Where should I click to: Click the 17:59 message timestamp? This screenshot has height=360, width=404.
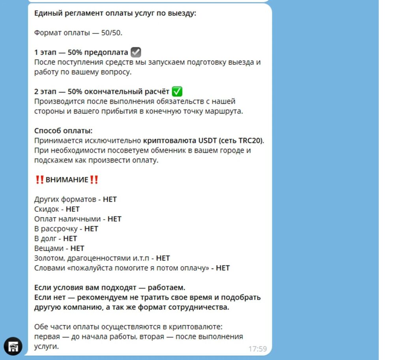pos(257,349)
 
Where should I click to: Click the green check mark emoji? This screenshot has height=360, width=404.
pos(177,92)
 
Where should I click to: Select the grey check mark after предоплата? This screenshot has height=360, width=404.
pos(136,52)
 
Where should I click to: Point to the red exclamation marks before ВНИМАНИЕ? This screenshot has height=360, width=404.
pos(39,180)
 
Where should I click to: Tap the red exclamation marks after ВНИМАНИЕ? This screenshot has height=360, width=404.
pos(94,180)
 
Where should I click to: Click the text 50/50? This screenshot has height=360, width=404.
pos(112,33)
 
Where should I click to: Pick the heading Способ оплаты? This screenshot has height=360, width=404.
pos(63,131)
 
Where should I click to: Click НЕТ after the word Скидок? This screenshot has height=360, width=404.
pos(73,209)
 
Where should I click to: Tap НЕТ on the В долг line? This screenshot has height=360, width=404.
pos(70,239)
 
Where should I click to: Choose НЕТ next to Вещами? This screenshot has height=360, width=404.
pos(77,248)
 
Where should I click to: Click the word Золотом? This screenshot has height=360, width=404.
pos(48,258)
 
